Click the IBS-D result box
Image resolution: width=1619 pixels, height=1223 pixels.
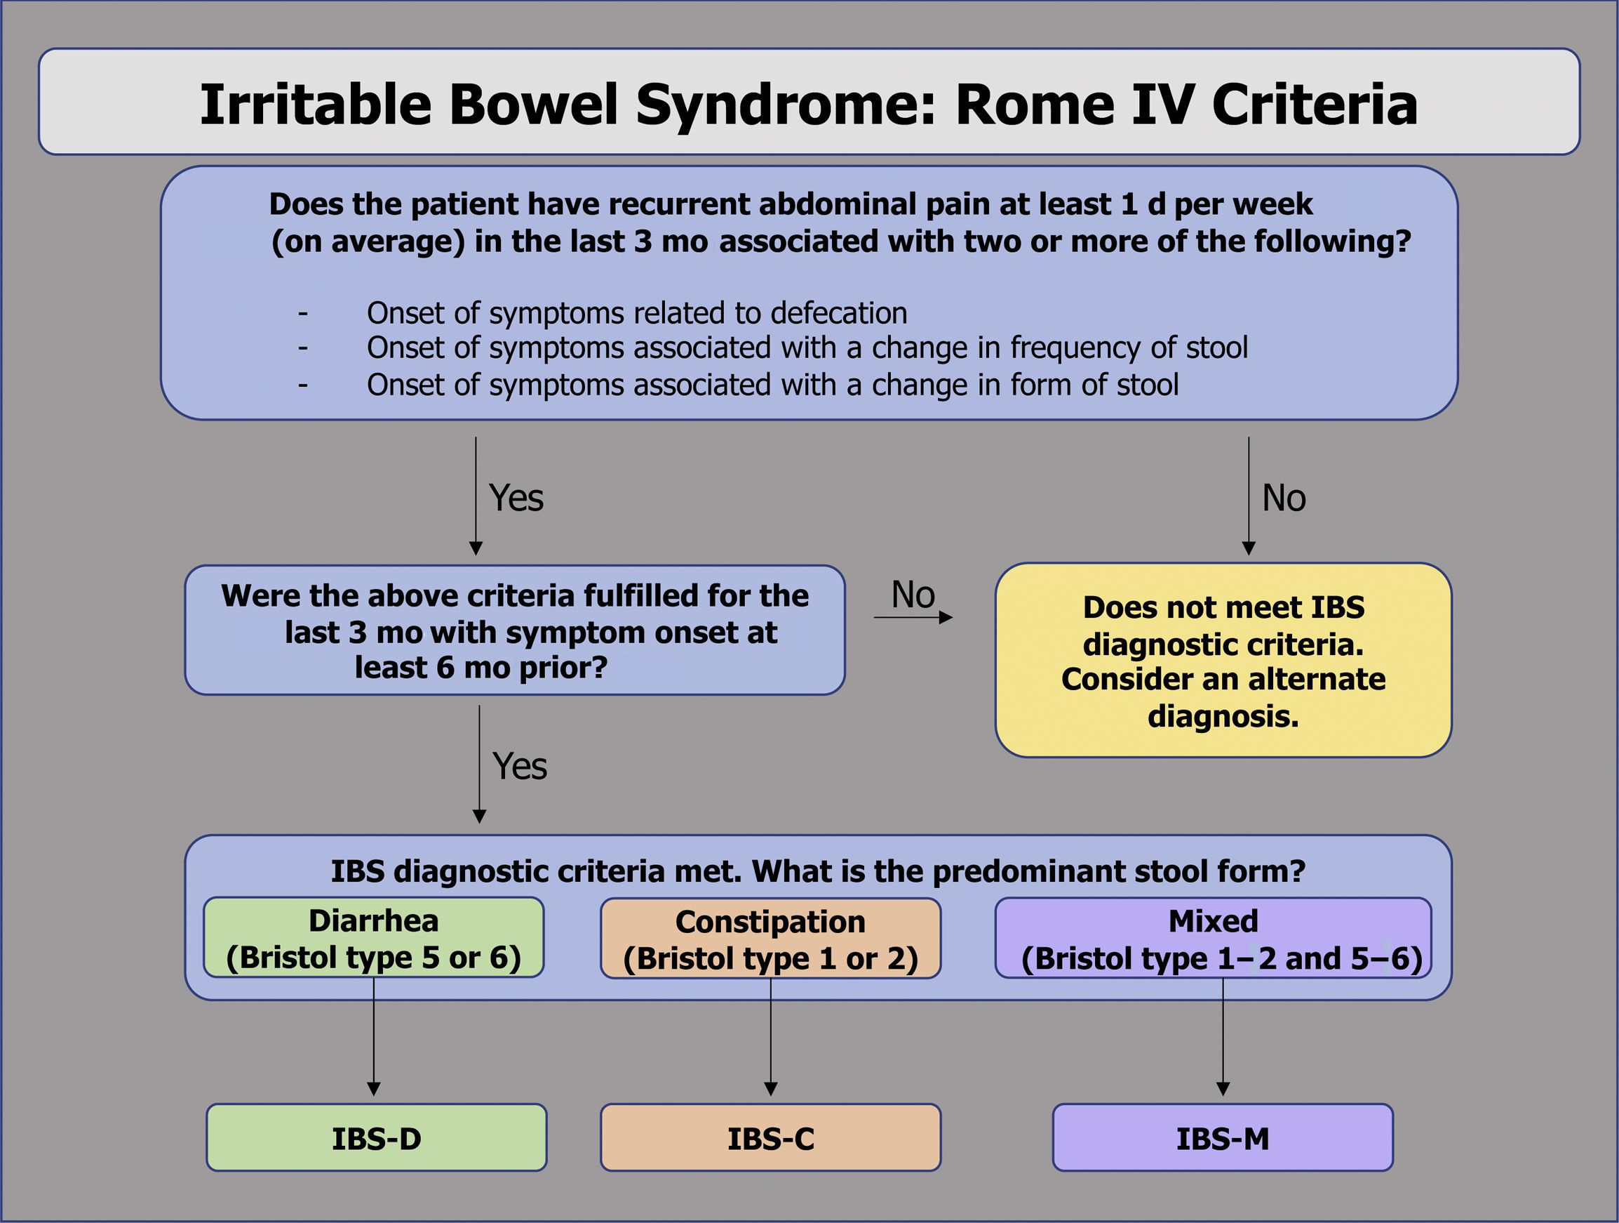click(376, 1137)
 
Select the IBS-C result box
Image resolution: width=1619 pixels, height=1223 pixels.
click(771, 1137)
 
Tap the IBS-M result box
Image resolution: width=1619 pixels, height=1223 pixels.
click(1222, 1137)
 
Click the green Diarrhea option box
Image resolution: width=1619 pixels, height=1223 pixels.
click(373, 937)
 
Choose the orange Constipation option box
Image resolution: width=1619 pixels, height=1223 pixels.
click(771, 938)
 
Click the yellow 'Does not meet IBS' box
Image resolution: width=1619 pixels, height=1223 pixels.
click(1223, 660)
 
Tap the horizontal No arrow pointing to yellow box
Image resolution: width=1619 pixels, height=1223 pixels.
click(913, 617)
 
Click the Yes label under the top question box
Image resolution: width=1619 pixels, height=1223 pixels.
click(516, 498)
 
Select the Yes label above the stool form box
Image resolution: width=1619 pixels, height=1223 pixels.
click(520, 766)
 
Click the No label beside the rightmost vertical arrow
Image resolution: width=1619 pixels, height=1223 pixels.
click(1284, 498)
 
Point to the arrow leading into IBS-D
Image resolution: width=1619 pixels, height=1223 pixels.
click(373, 1037)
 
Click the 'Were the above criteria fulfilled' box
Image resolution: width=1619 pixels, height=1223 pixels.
click(516, 630)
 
